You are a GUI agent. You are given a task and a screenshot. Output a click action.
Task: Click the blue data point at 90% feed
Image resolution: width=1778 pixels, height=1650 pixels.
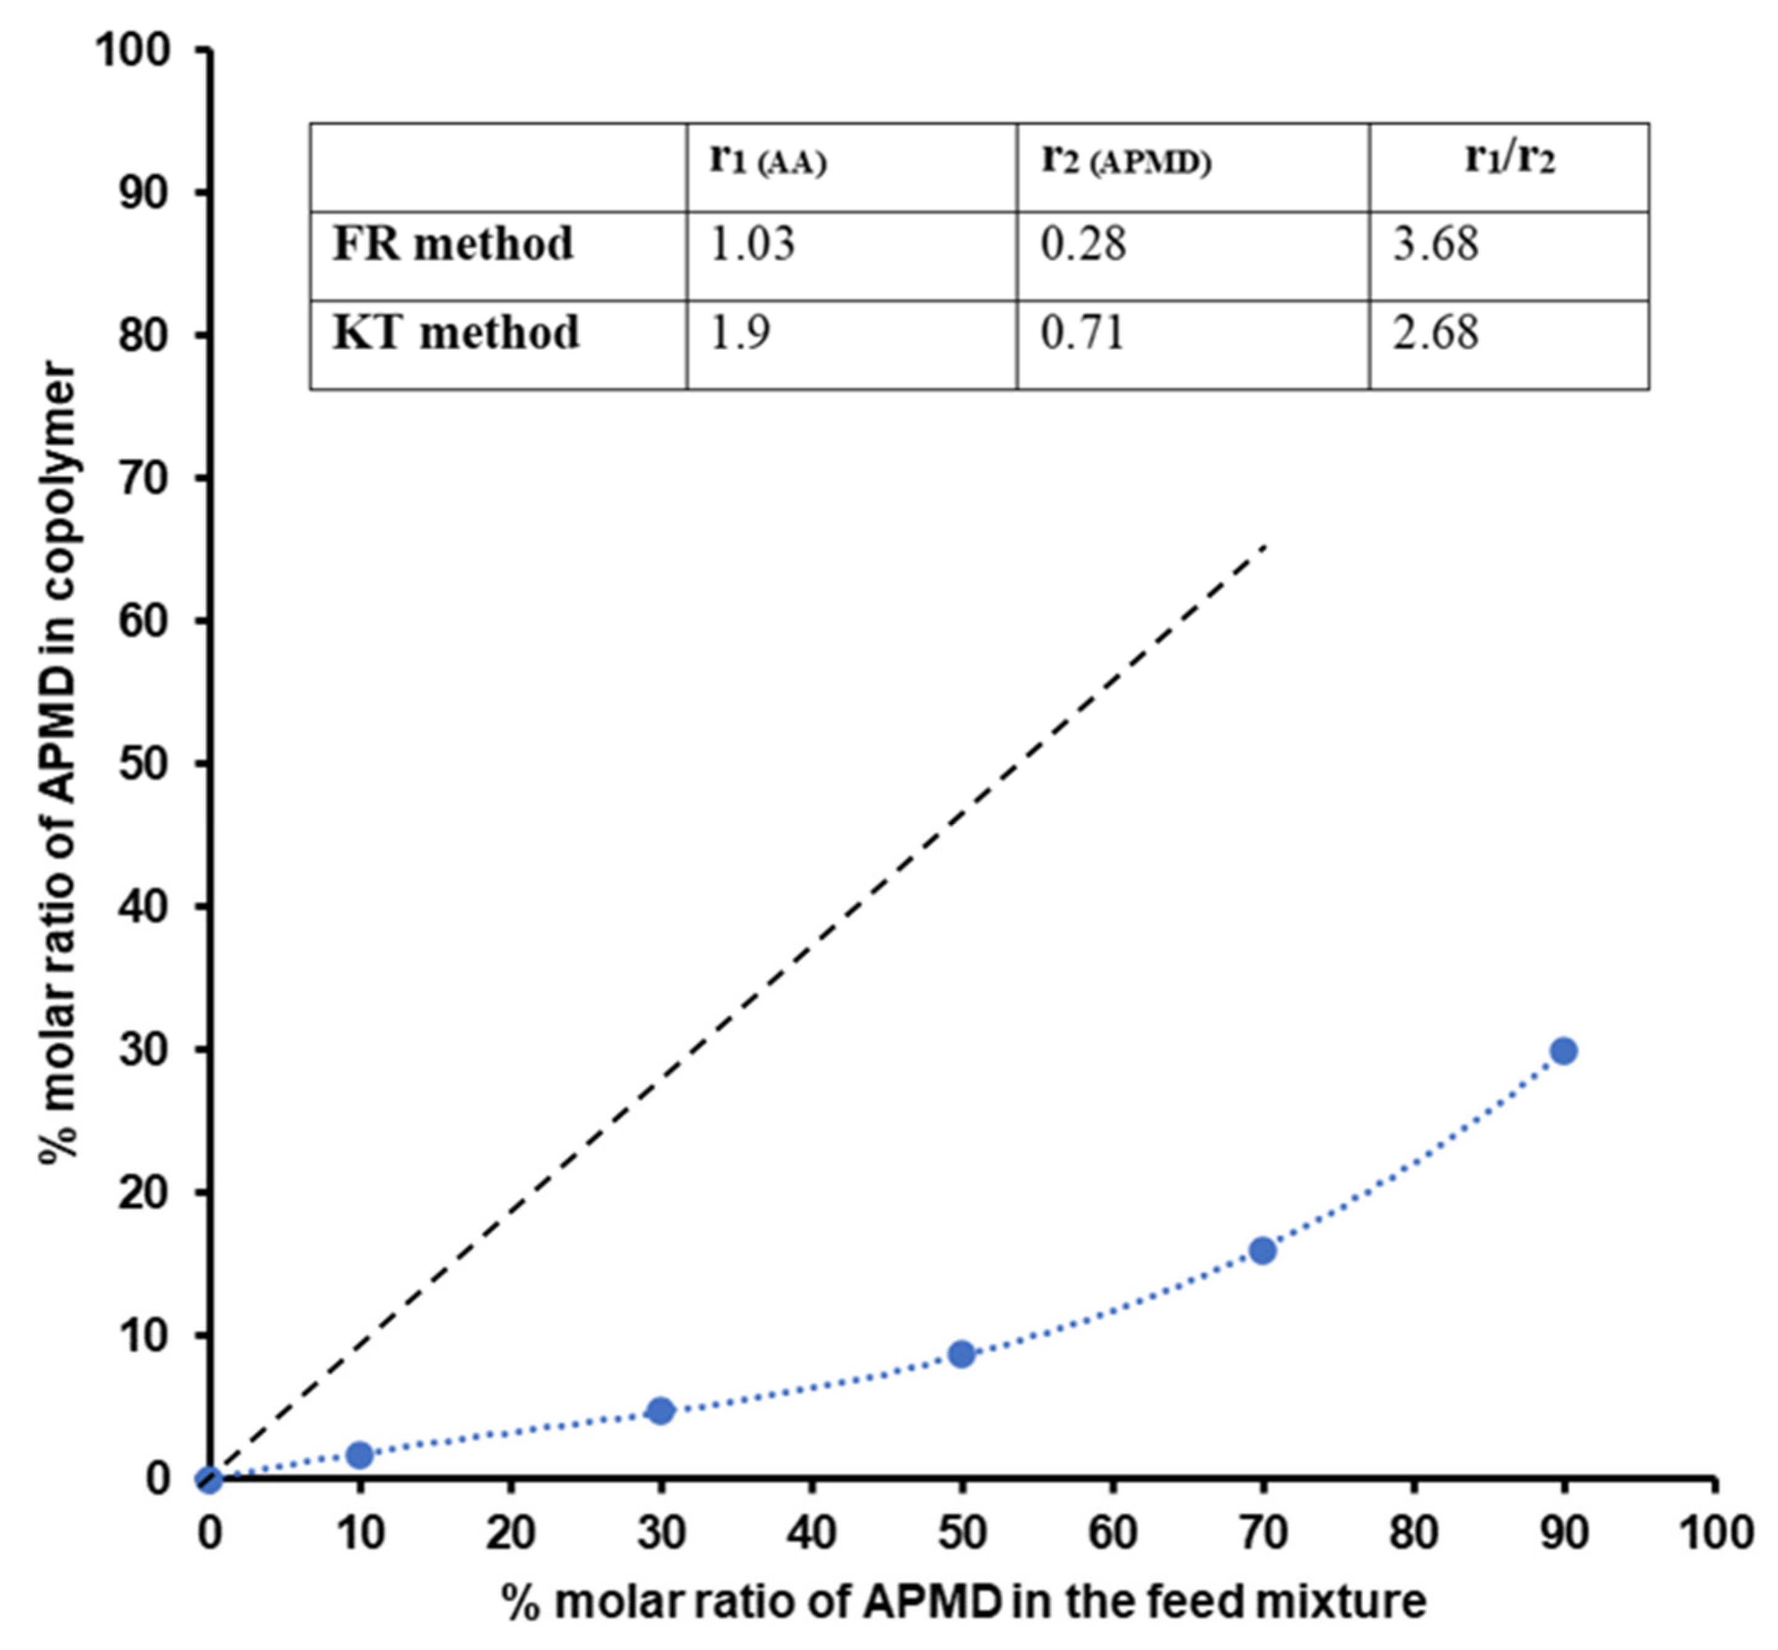pos(1563,1051)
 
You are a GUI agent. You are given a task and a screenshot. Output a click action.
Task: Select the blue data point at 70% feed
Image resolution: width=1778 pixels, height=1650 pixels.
pos(1262,1251)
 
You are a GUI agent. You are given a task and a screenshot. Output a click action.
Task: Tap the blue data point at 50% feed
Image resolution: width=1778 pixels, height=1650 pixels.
pos(961,1354)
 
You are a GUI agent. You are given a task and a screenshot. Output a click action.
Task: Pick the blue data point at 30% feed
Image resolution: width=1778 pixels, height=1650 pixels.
pos(660,1412)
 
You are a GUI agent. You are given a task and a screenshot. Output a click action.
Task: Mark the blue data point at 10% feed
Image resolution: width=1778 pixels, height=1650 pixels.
pos(359,1455)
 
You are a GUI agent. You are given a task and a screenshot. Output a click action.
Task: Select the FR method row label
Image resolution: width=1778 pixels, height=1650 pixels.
pos(453,245)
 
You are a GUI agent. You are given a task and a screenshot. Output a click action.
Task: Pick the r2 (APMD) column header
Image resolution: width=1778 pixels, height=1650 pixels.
pos(1126,161)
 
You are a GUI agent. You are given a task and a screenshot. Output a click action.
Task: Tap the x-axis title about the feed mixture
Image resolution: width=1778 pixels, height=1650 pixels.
pos(963,1601)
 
